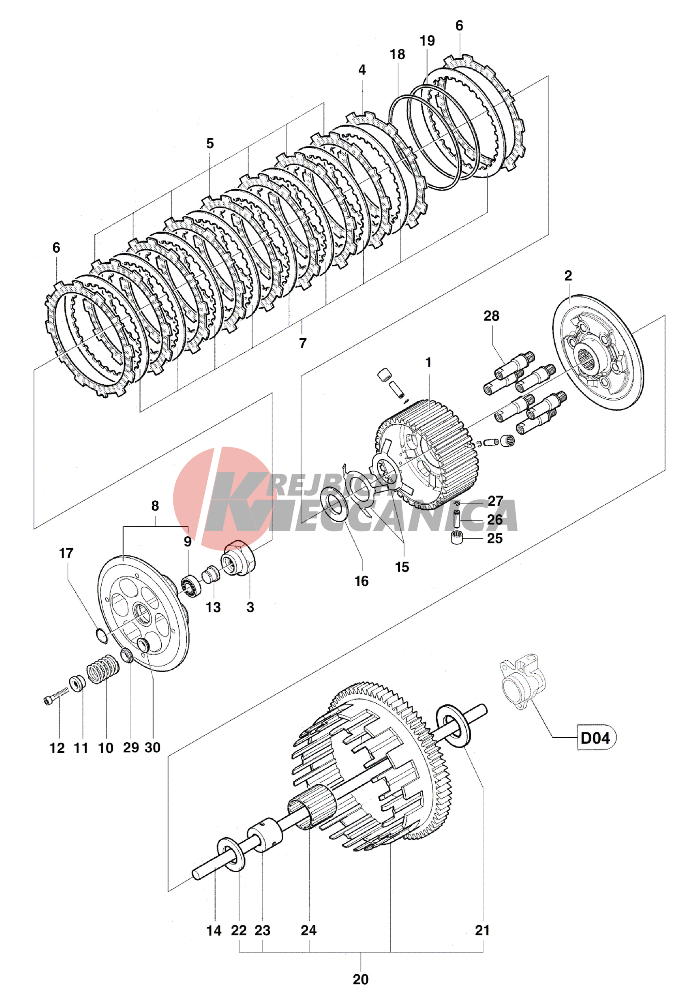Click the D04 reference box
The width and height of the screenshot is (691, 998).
click(596, 737)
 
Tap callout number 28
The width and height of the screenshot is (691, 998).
click(491, 316)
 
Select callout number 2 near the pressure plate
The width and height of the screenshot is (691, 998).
click(568, 276)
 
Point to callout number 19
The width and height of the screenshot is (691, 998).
click(427, 41)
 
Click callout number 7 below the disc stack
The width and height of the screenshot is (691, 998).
click(303, 343)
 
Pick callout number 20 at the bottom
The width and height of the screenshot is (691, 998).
click(361, 979)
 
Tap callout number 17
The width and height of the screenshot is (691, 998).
click(66, 554)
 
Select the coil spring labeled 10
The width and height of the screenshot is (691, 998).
click(103, 669)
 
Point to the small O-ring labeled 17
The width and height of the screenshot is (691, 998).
click(102, 635)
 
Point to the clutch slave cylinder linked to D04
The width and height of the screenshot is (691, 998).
click(522, 684)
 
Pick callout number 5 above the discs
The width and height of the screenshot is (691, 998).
click(210, 144)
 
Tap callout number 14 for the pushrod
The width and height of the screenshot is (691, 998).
click(214, 931)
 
